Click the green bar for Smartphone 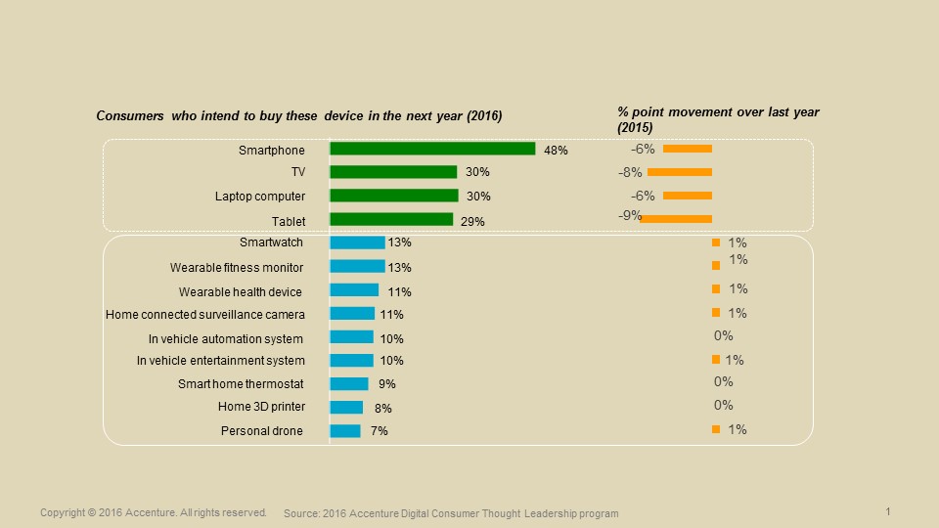432,149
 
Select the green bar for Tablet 391,219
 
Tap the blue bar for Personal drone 345,431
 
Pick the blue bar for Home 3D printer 346,407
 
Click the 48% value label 556,151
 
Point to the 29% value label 472,222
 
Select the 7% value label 379,431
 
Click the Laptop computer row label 260,197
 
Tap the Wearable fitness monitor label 236,268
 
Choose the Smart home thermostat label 241,384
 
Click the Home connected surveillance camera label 205,315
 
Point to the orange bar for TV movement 680,172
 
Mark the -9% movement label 629,215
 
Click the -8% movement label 632,172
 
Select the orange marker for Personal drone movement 716,430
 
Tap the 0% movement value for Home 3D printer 723,405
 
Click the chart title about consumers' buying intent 298,116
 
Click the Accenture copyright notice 154,512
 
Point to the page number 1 887,511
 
